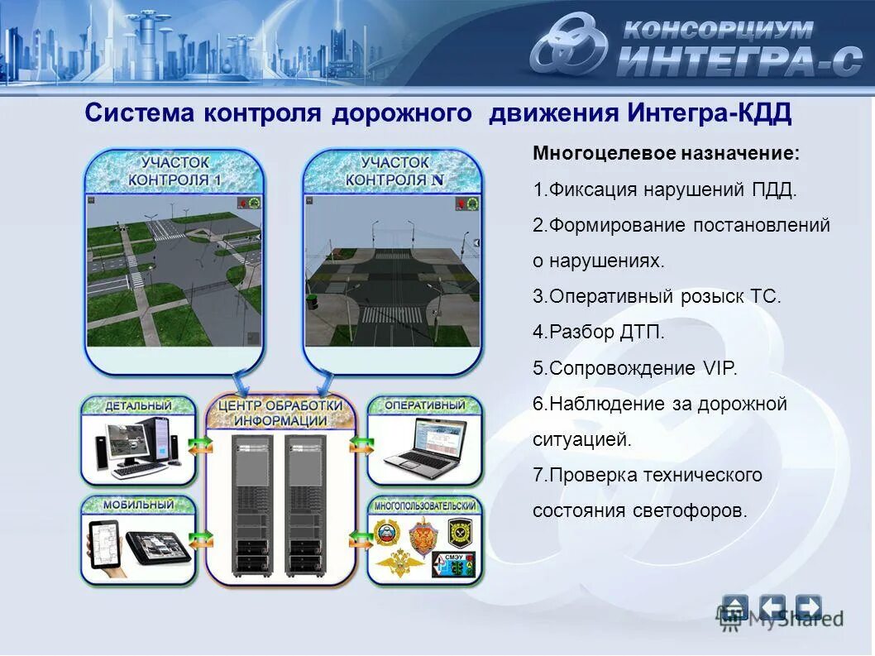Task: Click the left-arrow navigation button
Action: [x=772, y=608]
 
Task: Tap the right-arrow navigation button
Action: [x=808, y=608]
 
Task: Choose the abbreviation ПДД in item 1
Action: [x=773, y=190]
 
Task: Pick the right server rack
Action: [x=305, y=506]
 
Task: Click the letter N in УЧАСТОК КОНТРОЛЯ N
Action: [x=438, y=180]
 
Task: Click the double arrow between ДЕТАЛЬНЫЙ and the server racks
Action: [x=199, y=445]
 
